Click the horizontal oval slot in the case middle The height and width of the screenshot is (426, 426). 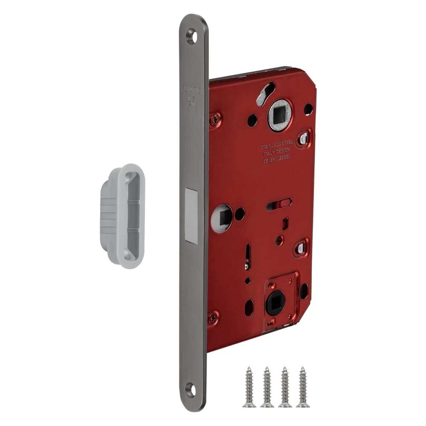[x=278, y=207]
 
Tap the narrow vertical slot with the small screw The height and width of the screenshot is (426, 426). [x=248, y=257]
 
